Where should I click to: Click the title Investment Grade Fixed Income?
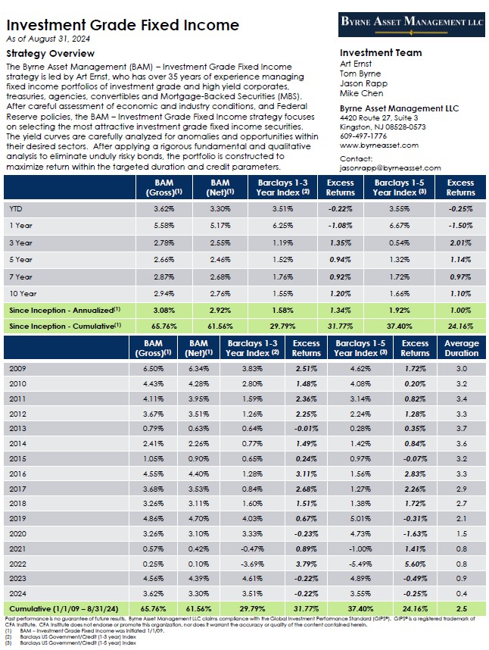click(x=123, y=25)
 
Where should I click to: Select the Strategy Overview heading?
click(x=51, y=54)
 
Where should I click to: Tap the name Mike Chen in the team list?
click(x=362, y=94)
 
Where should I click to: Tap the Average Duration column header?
click(x=463, y=348)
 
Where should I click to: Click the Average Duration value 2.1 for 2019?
click(x=462, y=519)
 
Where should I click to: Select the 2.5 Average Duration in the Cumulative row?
click(x=462, y=608)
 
